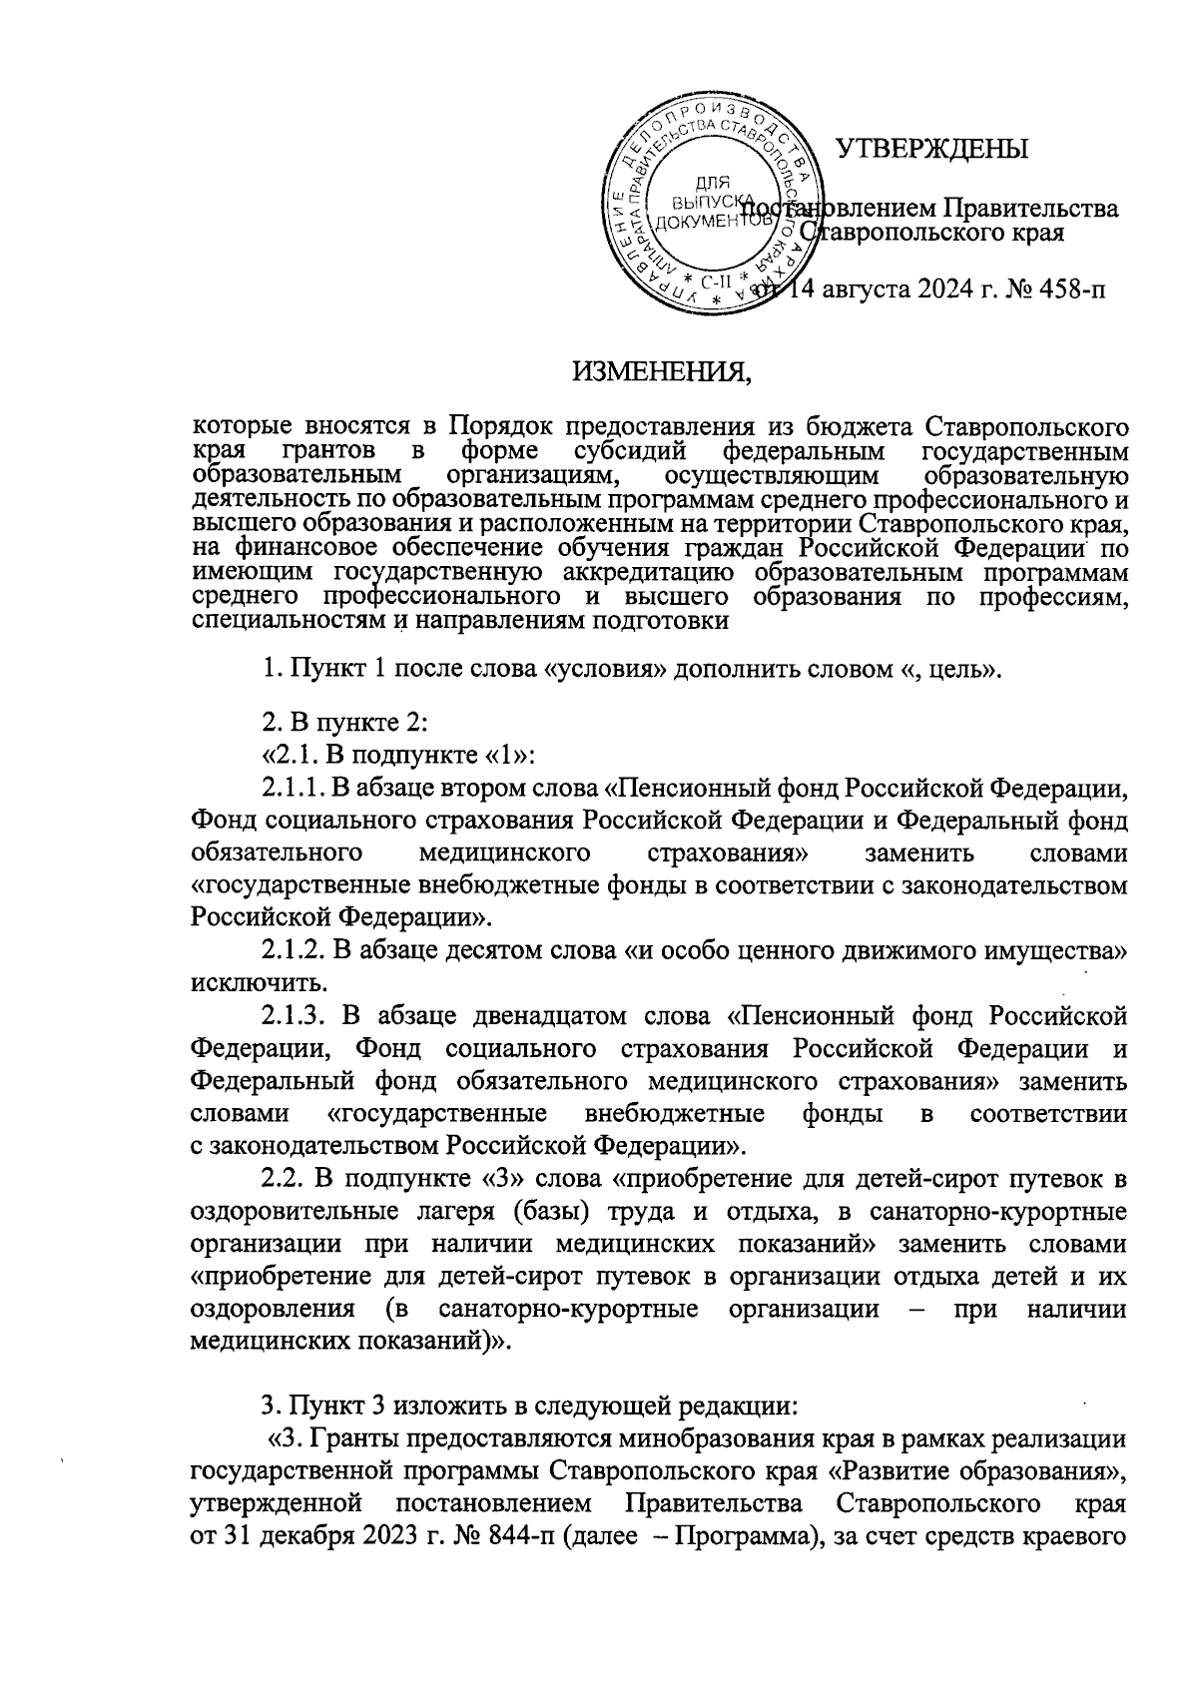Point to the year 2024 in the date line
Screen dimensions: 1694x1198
point(932,289)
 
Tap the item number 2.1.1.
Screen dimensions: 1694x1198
point(295,790)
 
